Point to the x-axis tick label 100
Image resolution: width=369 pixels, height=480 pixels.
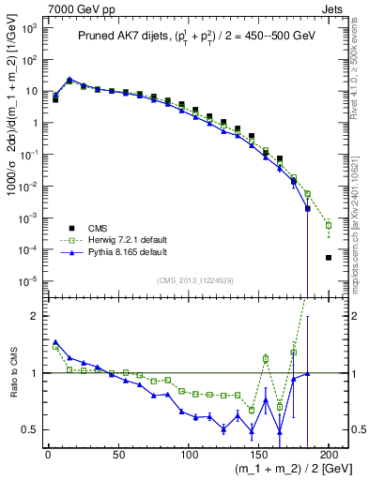tap(189, 453)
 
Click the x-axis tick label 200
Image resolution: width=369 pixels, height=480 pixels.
tap(330, 453)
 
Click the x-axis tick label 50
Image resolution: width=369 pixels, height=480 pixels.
tap(118, 453)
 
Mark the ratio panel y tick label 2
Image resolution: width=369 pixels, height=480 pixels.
tap(37, 316)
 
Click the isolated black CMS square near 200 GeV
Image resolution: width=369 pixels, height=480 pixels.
tap(329, 258)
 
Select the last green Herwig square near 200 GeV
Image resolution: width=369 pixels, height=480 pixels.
tap(329, 225)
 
